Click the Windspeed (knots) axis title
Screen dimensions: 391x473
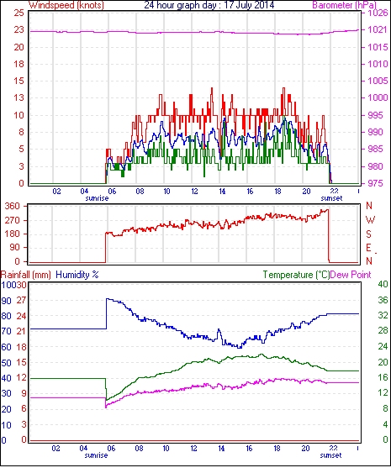tap(66, 5)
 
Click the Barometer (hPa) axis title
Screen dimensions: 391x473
tap(344, 5)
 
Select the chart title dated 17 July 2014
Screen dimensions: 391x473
tap(209, 5)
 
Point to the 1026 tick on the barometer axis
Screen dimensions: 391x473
tap(378, 13)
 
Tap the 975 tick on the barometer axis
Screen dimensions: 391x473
tap(376, 183)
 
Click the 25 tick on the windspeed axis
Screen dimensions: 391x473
tap(18, 13)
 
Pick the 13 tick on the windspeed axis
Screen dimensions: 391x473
tap(18, 97)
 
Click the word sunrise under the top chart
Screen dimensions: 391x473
tap(97, 198)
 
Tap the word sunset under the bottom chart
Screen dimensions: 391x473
tap(330, 455)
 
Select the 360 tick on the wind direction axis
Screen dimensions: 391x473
tap(12, 207)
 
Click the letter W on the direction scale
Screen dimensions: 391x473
tap(370, 220)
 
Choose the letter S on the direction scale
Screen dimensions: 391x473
tap(368, 234)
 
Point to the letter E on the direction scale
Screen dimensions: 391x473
tap(368, 248)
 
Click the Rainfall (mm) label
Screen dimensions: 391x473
tap(26, 275)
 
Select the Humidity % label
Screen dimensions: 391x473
tap(77, 275)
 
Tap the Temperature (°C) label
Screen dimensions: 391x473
tap(296, 275)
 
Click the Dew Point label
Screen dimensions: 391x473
tap(351, 275)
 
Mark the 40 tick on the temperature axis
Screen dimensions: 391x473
tap(383, 284)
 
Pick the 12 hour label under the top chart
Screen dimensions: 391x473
tap(194, 192)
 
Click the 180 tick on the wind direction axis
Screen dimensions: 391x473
tap(12, 234)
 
